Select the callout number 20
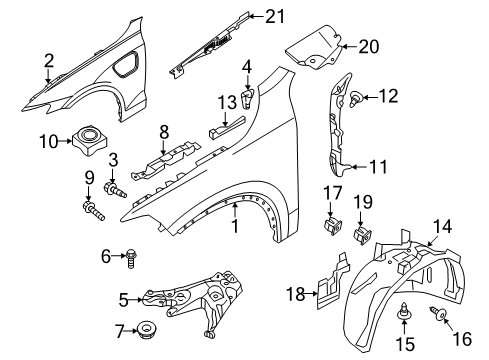[x=370, y=46]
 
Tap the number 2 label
[x=46, y=62]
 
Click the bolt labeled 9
[x=96, y=210]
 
